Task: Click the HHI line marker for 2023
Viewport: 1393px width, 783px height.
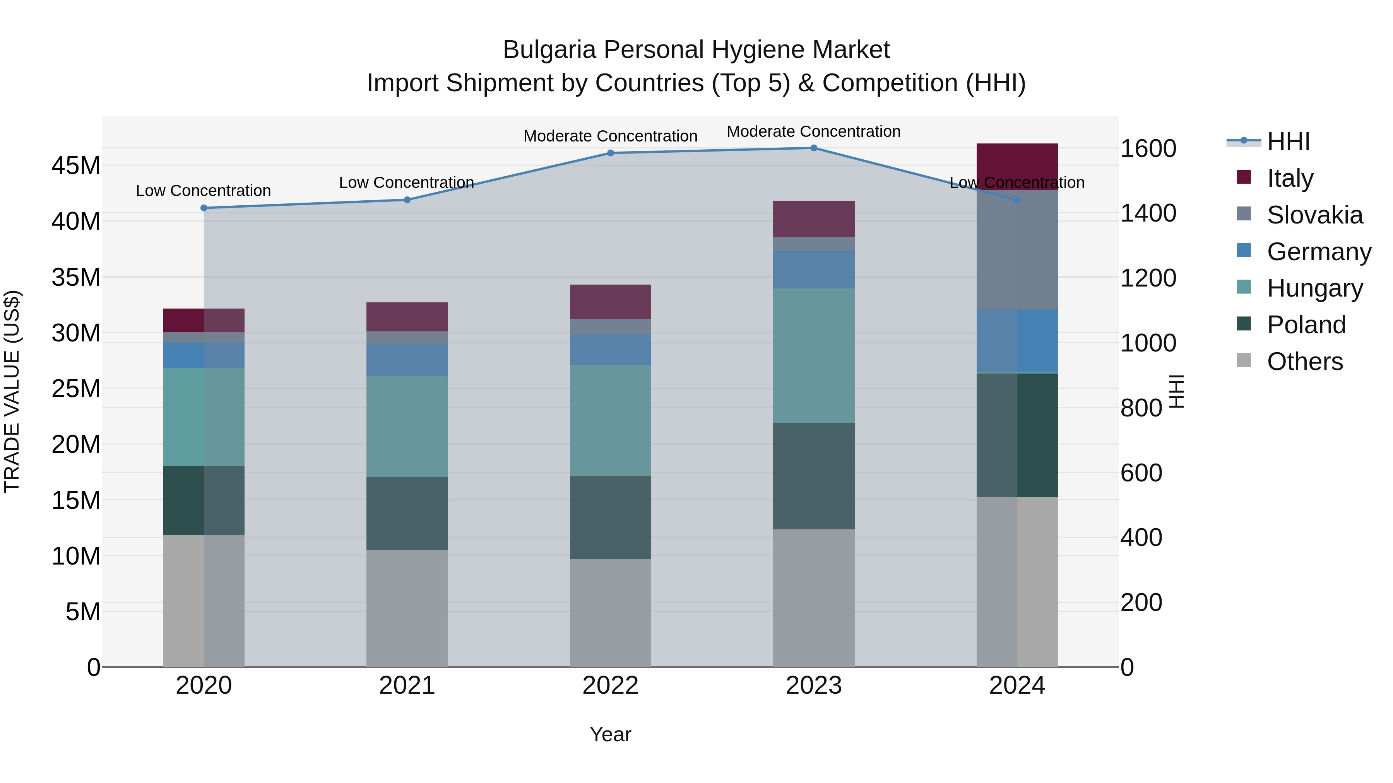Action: pos(813,148)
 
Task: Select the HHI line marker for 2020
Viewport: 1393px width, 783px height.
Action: pos(204,208)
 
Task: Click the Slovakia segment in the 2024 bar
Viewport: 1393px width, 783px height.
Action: pos(1017,250)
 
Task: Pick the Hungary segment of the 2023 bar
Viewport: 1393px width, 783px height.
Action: pos(813,356)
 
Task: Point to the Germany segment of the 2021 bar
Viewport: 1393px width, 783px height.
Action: pos(407,360)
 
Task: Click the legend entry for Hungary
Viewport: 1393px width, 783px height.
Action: pos(1314,288)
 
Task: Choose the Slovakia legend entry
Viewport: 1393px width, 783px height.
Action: pos(1314,215)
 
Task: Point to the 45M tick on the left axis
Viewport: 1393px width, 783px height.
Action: pos(76,165)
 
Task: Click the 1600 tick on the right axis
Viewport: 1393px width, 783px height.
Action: pos(1148,148)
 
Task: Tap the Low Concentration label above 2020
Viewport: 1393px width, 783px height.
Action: pos(203,191)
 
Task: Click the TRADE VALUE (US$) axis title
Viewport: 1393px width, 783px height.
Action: pos(12,391)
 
